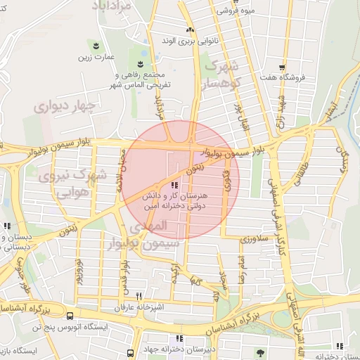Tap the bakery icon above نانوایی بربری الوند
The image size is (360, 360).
[189, 30]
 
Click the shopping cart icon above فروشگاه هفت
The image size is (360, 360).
[281, 67]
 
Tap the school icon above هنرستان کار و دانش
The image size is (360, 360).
[174, 184]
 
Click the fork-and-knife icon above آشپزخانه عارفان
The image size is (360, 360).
[139, 296]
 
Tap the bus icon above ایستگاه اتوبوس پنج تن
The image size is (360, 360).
[69, 316]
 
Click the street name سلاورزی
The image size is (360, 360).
[254, 239]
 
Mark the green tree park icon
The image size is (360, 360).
[260, 353]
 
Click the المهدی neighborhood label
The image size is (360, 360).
[149, 227]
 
